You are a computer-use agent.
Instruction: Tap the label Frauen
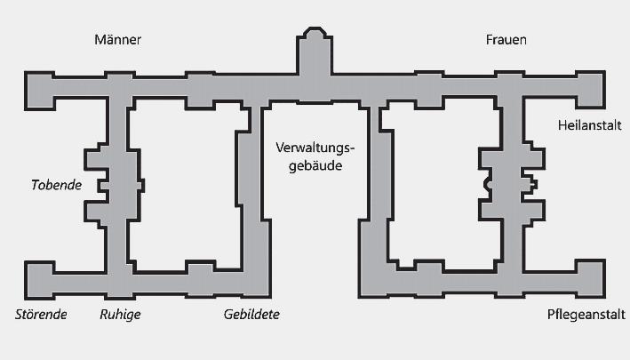click(506, 40)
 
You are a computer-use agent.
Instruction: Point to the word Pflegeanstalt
click(586, 315)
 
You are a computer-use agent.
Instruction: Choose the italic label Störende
click(42, 315)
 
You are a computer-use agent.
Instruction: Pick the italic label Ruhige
click(120, 315)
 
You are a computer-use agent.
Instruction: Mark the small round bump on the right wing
click(487, 184)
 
